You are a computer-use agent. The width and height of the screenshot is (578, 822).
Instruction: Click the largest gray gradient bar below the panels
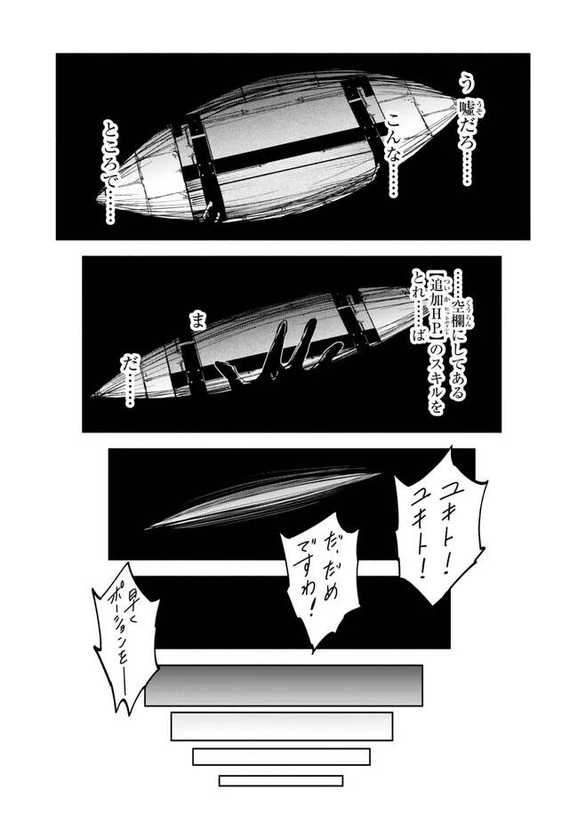pos(282,685)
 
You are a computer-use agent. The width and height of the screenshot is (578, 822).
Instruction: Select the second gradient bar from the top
pos(281,726)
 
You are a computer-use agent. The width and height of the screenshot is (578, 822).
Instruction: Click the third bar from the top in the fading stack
pos(281,756)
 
